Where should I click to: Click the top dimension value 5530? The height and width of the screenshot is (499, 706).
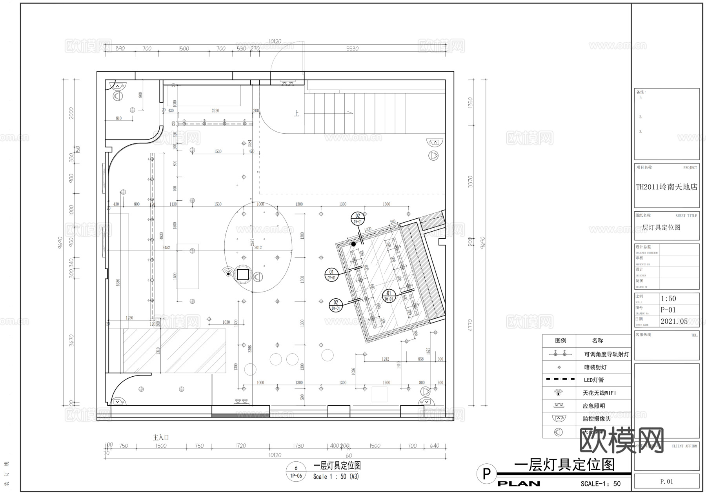click(x=352, y=49)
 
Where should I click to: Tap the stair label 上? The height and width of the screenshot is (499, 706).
click(x=296, y=114)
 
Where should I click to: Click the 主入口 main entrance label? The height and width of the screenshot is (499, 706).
click(x=161, y=437)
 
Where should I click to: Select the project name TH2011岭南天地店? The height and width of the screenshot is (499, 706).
click(x=666, y=187)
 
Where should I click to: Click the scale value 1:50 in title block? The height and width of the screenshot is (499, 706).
click(x=668, y=299)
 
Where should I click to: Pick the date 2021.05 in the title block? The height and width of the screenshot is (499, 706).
click(x=674, y=321)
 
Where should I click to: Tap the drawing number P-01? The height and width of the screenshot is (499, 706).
click(x=668, y=310)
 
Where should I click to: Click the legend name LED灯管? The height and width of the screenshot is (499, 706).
click(x=593, y=380)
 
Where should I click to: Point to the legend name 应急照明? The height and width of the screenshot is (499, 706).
click(x=593, y=406)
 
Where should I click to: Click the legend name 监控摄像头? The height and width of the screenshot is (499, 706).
click(x=596, y=419)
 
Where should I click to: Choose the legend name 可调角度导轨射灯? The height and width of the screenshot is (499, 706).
click(x=606, y=354)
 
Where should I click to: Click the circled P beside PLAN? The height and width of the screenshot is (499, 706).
click(x=486, y=474)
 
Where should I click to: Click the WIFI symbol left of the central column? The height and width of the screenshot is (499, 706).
click(x=227, y=271)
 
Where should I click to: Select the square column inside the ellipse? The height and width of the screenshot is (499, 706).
click(x=243, y=274)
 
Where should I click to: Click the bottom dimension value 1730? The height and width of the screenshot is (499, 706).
click(x=298, y=446)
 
